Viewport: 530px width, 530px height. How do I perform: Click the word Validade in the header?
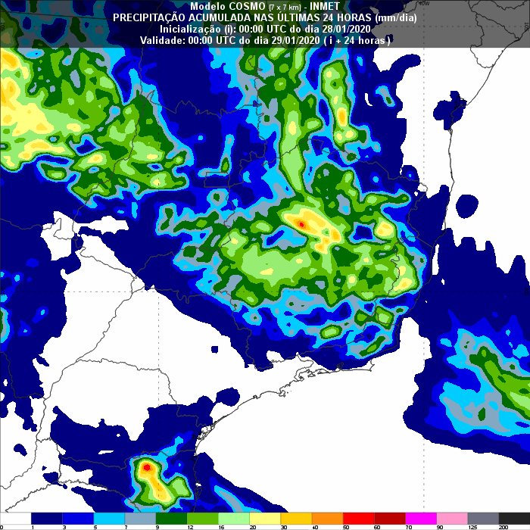160,39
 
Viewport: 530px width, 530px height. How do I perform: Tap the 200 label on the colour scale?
524,527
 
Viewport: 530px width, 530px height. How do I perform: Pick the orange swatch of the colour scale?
327,517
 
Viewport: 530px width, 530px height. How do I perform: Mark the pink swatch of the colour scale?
452,517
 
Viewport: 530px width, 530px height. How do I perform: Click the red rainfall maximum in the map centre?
301,224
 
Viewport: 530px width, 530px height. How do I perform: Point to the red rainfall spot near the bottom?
146,468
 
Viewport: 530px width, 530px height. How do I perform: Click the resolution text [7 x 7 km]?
287,6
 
